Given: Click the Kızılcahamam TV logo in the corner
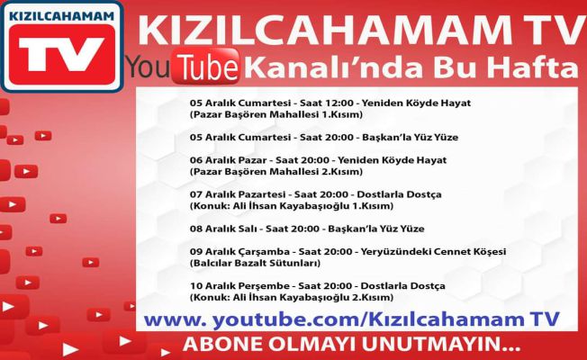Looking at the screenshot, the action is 62,47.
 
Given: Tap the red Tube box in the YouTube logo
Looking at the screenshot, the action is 206,67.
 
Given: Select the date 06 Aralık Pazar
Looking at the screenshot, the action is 228,160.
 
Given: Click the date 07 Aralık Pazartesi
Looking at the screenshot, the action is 238,194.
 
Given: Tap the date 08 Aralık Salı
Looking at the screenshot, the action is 223,229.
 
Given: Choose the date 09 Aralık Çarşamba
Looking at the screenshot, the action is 239,251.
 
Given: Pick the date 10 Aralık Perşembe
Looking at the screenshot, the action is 239,286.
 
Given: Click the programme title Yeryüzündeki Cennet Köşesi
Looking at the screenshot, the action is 433,251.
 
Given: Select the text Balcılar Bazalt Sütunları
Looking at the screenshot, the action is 255,263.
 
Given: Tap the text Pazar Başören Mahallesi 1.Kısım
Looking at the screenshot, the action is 276,114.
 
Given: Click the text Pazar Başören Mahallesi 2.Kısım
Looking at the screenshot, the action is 276,172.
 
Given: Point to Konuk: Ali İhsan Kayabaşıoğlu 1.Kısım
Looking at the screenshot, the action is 292,206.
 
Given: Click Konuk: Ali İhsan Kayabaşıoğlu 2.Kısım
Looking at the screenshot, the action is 292,298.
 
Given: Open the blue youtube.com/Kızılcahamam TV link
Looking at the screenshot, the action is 351,319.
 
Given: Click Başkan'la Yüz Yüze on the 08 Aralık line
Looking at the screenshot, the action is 376,229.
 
